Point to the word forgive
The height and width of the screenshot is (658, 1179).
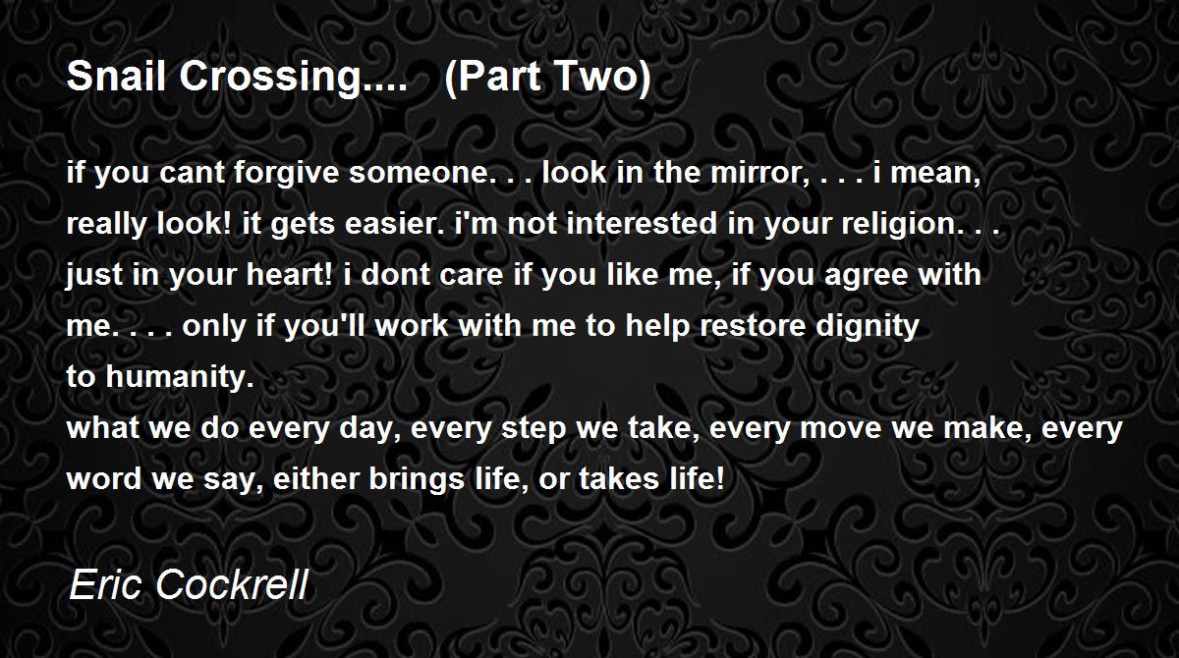(x=286, y=173)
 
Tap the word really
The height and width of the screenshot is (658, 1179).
(x=106, y=225)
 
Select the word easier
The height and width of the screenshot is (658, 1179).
(x=395, y=224)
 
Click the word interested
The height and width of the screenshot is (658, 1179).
(x=644, y=224)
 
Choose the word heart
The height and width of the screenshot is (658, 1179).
(x=290, y=275)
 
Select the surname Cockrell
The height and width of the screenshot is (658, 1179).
(x=231, y=584)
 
